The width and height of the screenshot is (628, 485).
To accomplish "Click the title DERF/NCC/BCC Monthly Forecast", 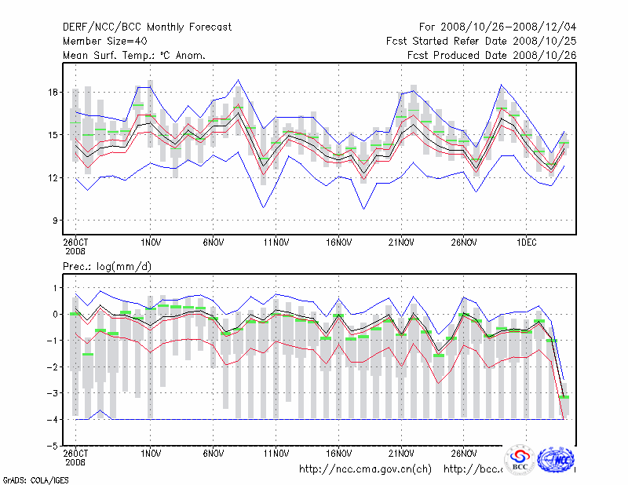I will (147, 27).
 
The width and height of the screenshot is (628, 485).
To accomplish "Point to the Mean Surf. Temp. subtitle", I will (134, 56).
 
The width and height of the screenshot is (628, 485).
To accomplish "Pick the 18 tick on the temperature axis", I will (53, 93).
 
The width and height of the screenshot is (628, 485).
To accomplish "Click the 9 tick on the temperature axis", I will (55, 221).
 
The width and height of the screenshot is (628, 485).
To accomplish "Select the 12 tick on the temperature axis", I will (53, 178).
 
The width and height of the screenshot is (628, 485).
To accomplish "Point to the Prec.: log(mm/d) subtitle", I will (108, 267).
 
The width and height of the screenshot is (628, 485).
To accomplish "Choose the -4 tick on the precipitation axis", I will (52, 420).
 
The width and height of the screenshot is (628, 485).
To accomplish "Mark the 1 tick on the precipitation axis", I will (55, 288).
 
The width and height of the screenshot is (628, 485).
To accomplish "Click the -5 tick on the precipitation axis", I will (52, 446).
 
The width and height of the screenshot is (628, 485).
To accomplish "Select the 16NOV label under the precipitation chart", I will (338, 454).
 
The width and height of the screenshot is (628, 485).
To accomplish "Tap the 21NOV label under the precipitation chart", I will (401, 454).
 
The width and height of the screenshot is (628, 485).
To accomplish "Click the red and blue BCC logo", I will (519, 459).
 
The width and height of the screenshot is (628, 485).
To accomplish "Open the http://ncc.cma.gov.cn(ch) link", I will (365, 469).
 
